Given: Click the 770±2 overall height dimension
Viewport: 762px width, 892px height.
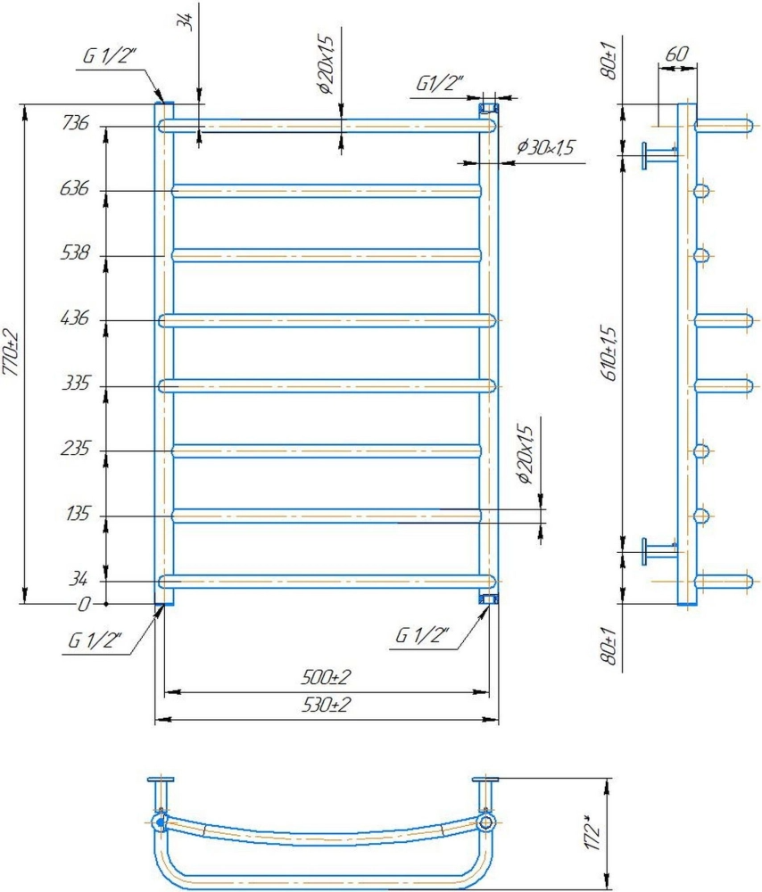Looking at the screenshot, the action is (x=12, y=352).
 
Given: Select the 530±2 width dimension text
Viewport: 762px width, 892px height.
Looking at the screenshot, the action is (x=326, y=705).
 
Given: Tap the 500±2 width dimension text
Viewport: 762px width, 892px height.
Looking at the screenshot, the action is (x=326, y=677).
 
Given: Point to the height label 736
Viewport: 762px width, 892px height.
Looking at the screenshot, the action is (x=76, y=122).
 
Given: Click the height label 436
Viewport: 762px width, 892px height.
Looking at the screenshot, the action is (x=75, y=318).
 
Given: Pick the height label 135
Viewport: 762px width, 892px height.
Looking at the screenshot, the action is (x=78, y=514).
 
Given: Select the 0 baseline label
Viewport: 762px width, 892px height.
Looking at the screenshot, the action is (x=84, y=604).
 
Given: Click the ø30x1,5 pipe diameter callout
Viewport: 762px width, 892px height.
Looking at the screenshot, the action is (x=546, y=147).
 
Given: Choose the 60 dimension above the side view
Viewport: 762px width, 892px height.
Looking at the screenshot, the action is (x=676, y=54).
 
